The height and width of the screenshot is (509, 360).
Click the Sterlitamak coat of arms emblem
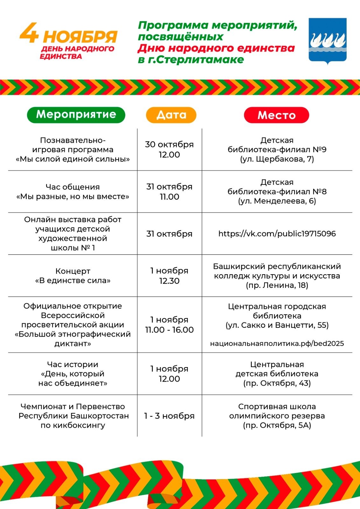[328, 40]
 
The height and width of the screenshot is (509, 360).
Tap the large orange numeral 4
[29, 33]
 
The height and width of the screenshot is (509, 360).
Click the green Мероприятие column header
[76, 115]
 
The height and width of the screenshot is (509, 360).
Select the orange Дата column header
[171, 115]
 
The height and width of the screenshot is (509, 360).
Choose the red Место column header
[276, 115]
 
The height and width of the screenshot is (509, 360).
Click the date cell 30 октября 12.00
[169, 150]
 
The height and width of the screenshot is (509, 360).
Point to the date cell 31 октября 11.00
[169, 192]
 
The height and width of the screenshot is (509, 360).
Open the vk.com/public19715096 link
[277, 234]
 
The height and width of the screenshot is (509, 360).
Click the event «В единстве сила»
[73, 281]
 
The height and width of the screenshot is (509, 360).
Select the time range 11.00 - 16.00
[169, 330]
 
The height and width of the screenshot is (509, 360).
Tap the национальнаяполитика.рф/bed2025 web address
[277, 344]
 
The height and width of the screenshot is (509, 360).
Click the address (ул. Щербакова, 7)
[277, 159]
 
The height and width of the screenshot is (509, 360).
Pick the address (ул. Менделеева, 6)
[277, 201]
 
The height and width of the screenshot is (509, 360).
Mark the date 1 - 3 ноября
[169, 416]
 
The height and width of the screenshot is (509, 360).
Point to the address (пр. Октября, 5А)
[277, 426]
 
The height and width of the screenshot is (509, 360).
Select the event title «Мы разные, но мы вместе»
[73, 197]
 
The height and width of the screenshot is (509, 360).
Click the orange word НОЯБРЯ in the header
[80, 37]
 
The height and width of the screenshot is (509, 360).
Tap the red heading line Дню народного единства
[216, 48]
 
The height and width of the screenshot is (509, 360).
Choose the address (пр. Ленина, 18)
[277, 285]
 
